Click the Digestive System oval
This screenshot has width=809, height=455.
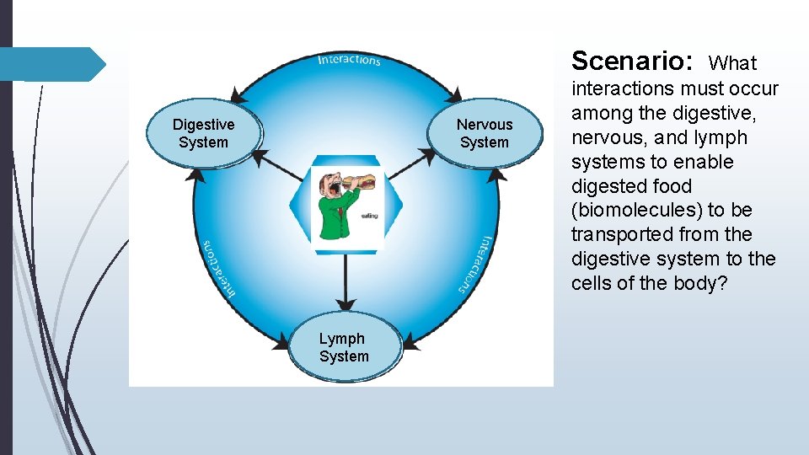pyautogui.click(x=203, y=133)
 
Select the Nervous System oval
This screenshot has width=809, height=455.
pyautogui.click(x=484, y=133)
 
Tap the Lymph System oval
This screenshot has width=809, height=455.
pyautogui.click(x=344, y=347)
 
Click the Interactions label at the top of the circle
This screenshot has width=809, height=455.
pyautogui.click(x=349, y=59)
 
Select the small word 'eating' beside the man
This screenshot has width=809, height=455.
pyautogui.click(x=369, y=216)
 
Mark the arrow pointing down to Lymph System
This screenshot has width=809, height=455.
pyautogui.click(x=344, y=282)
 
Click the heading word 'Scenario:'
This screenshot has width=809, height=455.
pyautogui.click(x=632, y=61)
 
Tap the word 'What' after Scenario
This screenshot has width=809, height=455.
pyautogui.click(x=733, y=63)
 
